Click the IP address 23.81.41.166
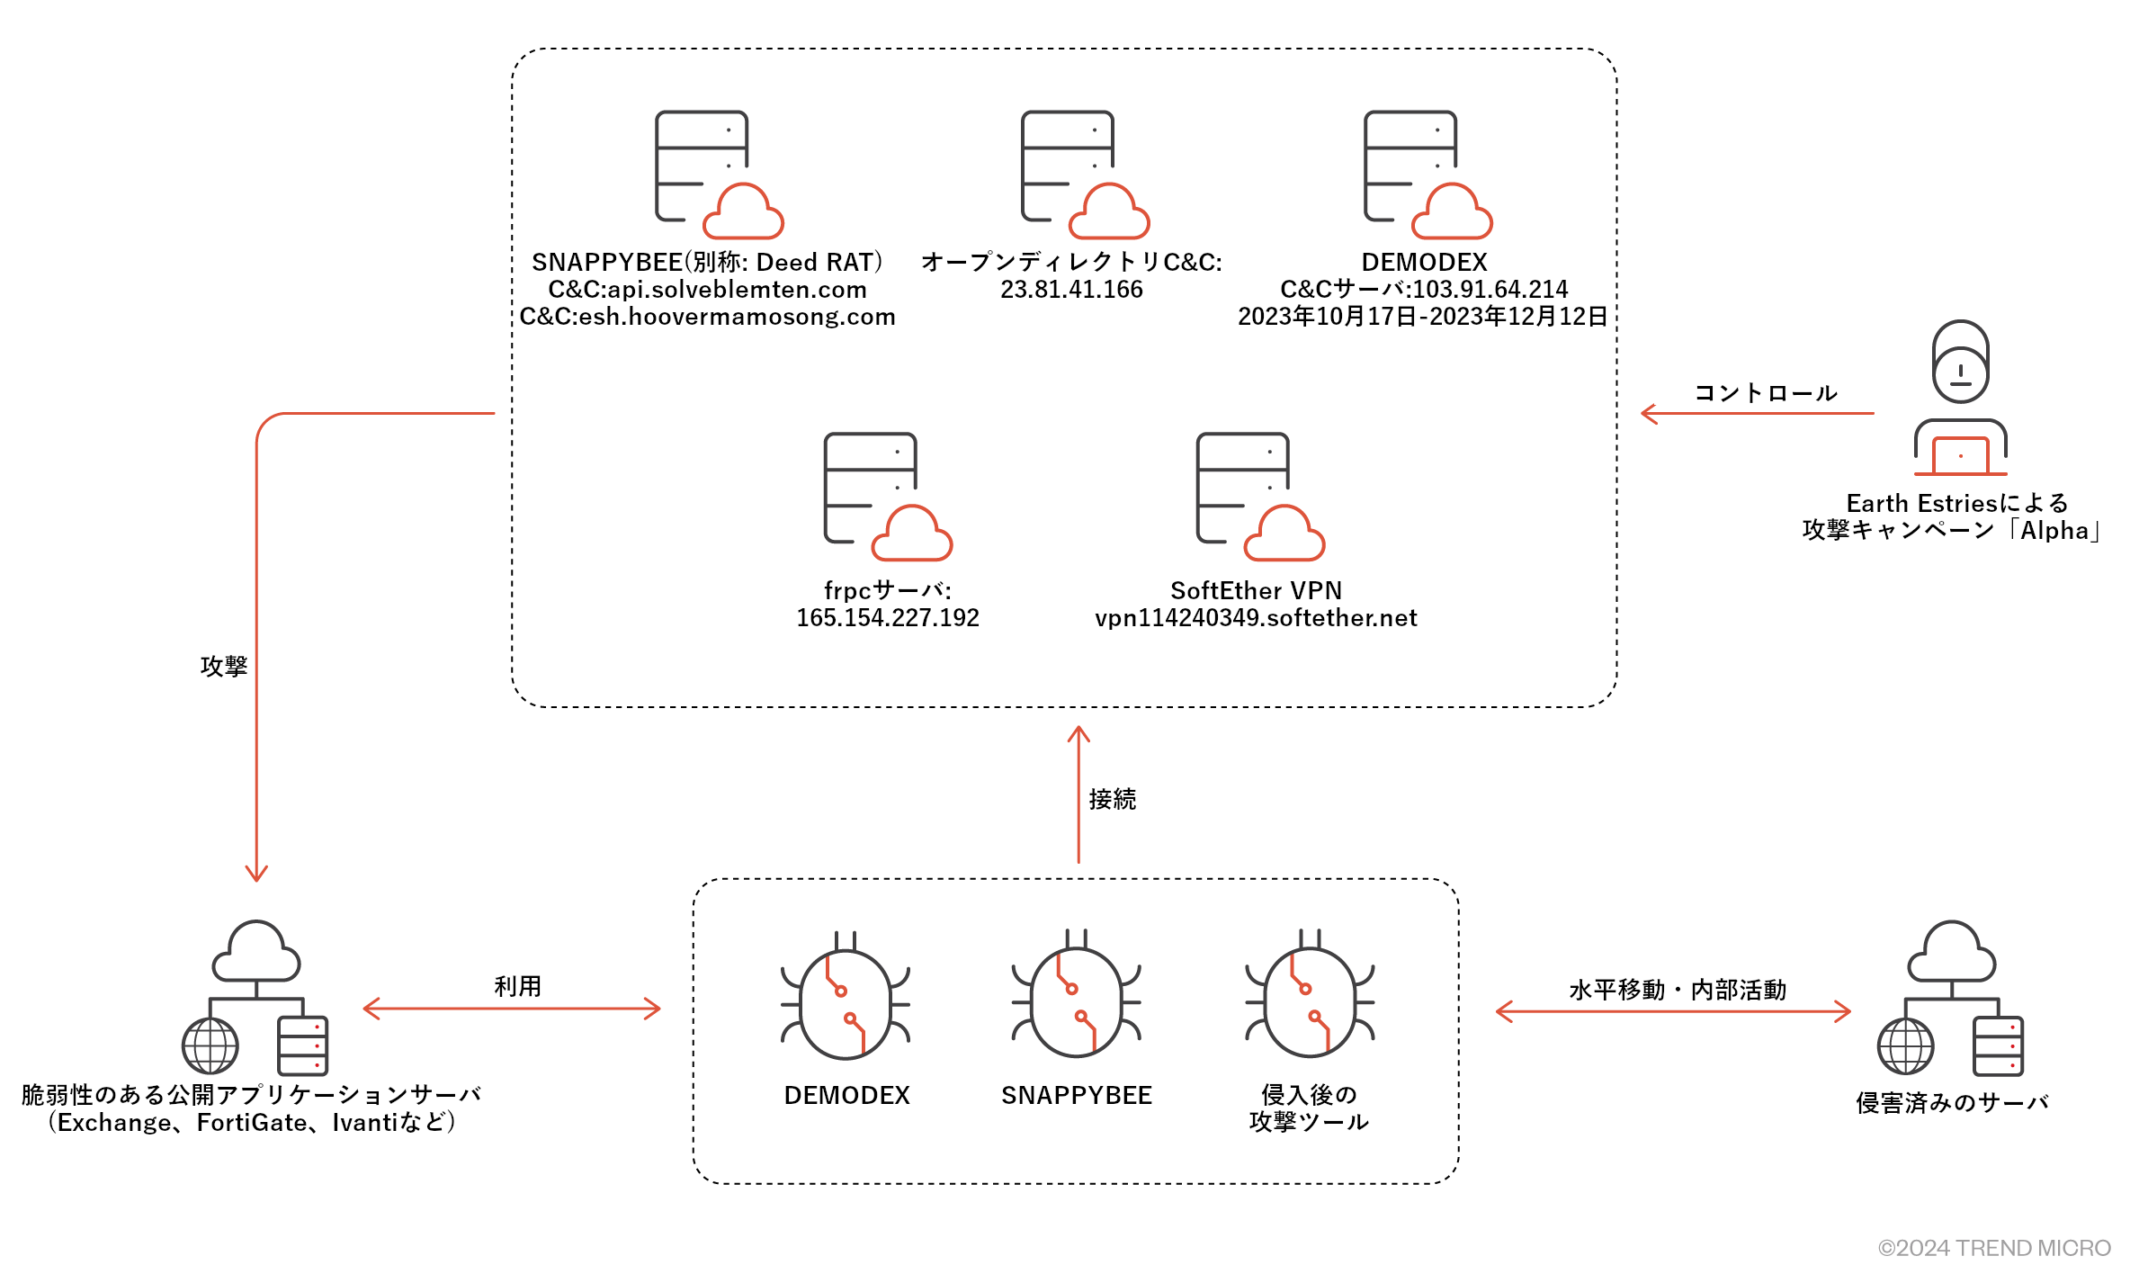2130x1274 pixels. click(1071, 290)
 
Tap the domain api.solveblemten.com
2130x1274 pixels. click(737, 290)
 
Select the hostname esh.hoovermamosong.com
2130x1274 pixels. click(737, 317)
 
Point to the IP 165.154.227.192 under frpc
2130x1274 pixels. click(888, 618)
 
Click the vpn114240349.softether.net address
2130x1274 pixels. click(1256, 618)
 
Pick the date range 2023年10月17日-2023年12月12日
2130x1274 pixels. click(1422, 317)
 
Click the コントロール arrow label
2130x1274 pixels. click(1766, 393)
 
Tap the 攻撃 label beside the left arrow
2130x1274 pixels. click(224, 666)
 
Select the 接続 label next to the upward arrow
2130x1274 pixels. click(1113, 799)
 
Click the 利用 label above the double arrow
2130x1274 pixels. click(517, 986)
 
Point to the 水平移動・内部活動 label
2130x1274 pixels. click(1678, 990)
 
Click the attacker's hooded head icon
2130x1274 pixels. click(1961, 362)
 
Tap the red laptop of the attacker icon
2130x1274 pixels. click(1961, 455)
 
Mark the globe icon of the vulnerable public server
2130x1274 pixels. click(210, 1045)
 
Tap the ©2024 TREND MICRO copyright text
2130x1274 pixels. click(1994, 1248)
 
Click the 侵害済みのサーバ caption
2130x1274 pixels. click(1952, 1102)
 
